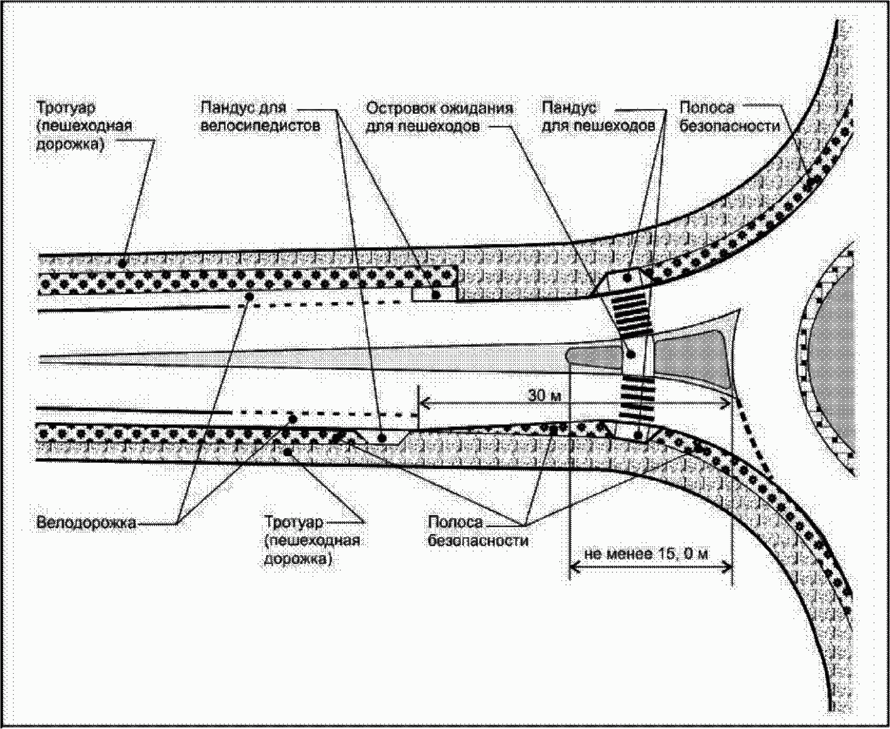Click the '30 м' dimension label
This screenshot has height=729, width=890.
coord(544,395)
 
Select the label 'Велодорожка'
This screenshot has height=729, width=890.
coord(86,523)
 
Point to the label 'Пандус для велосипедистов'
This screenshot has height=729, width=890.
coord(260,116)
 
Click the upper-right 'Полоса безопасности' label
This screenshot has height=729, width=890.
coord(730,116)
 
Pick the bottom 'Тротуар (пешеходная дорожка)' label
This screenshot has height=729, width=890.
coord(312,540)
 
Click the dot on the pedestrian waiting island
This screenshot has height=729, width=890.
coord(630,354)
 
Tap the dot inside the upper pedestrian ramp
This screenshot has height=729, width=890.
coord(627,278)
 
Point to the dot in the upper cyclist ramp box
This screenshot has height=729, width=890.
coord(435,294)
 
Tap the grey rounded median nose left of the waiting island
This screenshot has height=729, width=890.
coord(594,354)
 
